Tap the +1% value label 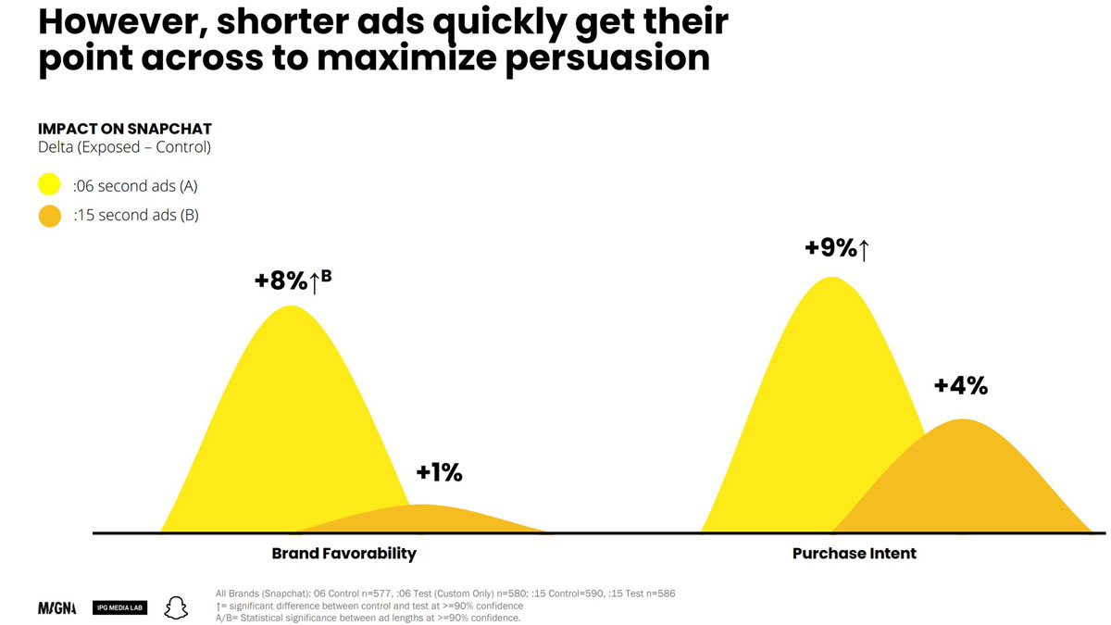pyautogui.click(x=440, y=473)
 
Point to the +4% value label pyautogui.click(x=961, y=386)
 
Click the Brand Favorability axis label pyautogui.click(x=344, y=554)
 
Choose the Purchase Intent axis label pyautogui.click(x=854, y=554)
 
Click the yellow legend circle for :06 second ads pyautogui.click(x=49, y=184)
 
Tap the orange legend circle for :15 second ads pyautogui.click(x=50, y=216)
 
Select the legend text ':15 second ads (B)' pyautogui.click(x=136, y=215)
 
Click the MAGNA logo pyautogui.click(x=57, y=607)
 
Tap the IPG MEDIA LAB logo pyautogui.click(x=120, y=607)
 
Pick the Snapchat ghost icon pyautogui.click(x=176, y=607)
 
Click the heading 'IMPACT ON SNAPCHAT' pyautogui.click(x=125, y=129)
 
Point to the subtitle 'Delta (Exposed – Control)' pyautogui.click(x=124, y=147)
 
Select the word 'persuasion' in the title pyautogui.click(x=607, y=59)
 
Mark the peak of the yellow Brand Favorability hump pyautogui.click(x=291, y=306)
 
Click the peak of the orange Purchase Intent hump pyautogui.click(x=963, y=419)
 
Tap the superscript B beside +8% pyautogui.click(x=326, y=275)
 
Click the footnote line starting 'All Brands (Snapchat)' pyautogui.click(x=445, y=594)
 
